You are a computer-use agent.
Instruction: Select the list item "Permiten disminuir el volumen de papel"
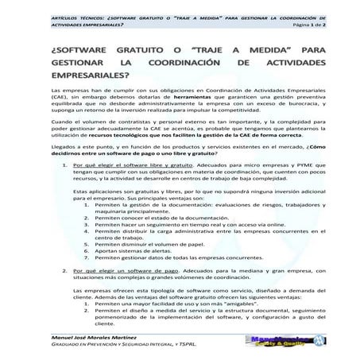[x=149, y=267]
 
